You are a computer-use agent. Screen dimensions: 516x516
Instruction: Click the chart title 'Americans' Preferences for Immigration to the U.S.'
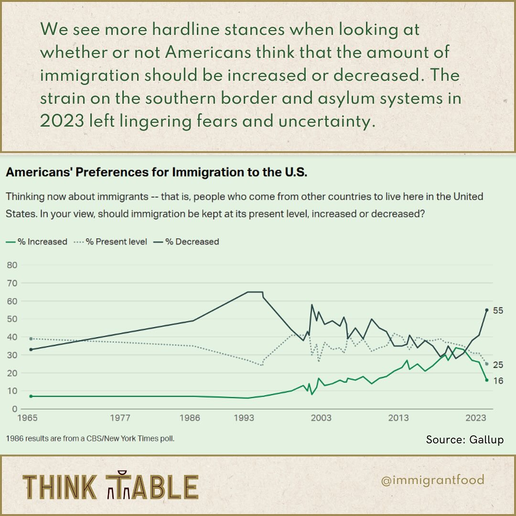(156, 172)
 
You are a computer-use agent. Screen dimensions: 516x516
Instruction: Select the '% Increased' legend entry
(37, 242)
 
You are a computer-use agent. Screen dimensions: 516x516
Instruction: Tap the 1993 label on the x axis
(244, 419)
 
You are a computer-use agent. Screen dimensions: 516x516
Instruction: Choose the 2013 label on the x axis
(398, 419)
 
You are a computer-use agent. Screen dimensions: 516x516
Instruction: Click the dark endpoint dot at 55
(487, 310)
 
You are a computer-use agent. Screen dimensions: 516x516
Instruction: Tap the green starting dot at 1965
(31, 396)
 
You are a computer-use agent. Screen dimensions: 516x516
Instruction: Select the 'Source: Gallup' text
(464, 440)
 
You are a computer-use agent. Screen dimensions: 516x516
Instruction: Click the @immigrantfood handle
(433, 480)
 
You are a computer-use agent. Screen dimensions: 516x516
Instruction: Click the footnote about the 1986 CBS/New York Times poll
(90, 438)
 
